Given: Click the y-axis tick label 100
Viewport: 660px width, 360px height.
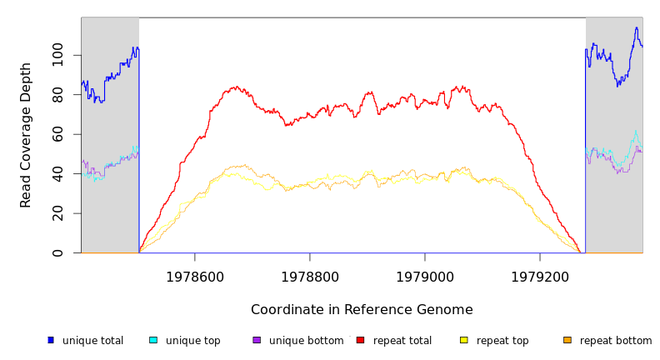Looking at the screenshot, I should [57, 55].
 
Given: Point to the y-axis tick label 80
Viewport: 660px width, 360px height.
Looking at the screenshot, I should [57, 95].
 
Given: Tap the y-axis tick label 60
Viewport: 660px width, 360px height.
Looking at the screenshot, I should [57, 134].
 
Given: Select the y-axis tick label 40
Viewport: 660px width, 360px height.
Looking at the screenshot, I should [57, 173].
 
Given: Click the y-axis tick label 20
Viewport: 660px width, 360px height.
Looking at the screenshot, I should [57, 213].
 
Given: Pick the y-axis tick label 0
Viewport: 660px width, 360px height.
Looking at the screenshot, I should [57, 252].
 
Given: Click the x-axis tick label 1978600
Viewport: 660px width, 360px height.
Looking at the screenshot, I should [195, 277].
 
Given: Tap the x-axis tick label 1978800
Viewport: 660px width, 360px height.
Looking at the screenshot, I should [310, 277].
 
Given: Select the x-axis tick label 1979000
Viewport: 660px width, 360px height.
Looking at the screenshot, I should [425, 277].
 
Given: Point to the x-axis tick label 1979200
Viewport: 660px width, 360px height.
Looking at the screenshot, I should [540, 277].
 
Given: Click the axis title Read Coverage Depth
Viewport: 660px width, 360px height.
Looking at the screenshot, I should [27, 135].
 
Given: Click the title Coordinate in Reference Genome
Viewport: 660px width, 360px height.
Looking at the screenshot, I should [362, 310].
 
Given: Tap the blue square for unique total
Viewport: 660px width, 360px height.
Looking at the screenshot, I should [51, 340].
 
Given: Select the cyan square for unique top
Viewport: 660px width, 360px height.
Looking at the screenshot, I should [153, 340].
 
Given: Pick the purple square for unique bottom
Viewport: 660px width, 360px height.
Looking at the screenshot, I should [257, 340].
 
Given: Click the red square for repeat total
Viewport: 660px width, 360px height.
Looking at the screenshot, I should [360, 340].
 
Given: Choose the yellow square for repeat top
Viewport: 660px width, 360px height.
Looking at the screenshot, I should [463, 340].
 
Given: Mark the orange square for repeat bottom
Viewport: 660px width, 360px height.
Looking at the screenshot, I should [567, 340].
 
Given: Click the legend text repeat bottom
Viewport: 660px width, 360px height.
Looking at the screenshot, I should [616, 341].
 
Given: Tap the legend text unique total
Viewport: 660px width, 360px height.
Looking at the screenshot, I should [92, 341].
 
